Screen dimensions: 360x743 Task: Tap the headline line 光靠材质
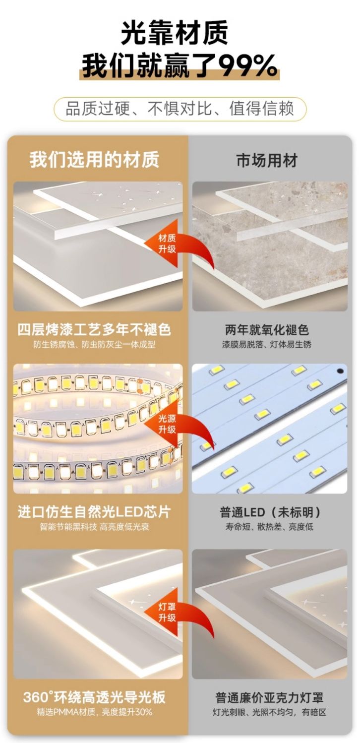tap(175, 32)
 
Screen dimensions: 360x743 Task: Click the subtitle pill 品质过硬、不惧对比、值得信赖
tap(180, 109)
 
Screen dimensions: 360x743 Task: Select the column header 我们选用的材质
tap(95, 160)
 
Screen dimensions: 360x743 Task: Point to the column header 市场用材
tap(267, 161)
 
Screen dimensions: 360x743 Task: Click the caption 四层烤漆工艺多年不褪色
tap(95, 330)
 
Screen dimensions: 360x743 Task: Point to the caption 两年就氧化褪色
tap(267, 330)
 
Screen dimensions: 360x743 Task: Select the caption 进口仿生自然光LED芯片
tap(95, 512)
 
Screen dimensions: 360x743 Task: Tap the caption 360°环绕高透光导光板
tap(95, 697)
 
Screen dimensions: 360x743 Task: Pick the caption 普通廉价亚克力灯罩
tap(269, 697)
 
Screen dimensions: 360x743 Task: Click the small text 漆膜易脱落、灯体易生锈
tap(267, 345)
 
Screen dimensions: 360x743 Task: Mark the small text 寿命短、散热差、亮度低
tap(269, 527)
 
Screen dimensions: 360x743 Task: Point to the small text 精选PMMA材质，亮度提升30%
tap(95, 712)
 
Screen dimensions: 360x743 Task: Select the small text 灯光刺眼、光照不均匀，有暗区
tap(269, 712)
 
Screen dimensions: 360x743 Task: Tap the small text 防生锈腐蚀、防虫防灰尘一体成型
tap(95, 345)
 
